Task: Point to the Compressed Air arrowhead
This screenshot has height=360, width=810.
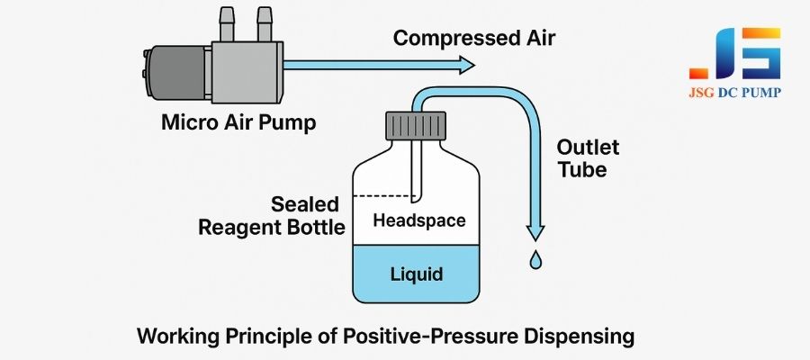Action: (465, 64)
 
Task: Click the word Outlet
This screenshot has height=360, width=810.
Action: (588, 147)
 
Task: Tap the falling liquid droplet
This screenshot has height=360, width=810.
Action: (536, 259)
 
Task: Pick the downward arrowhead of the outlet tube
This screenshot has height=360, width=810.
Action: (537, 231)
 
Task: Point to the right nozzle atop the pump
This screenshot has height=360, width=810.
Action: (265, 17)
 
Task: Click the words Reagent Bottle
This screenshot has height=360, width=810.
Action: (273, 228)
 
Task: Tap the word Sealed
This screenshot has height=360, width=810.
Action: (301, 203)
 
